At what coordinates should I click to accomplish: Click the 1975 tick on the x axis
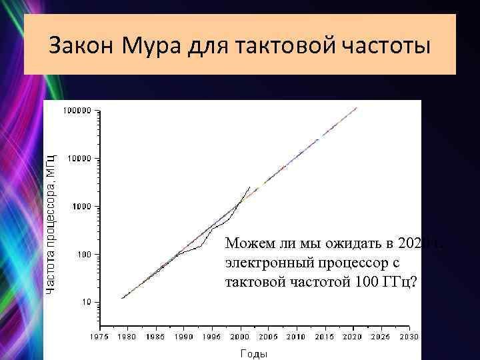[x=100, y=337]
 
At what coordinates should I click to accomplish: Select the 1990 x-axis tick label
[x=185, y=337]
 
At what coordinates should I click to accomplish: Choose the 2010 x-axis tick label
[x=297, y=337]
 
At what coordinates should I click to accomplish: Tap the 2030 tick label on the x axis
[x=409, y=337]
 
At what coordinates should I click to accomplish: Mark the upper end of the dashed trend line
[x=357, y=107]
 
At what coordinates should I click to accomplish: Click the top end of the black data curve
[x=250, y=187]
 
